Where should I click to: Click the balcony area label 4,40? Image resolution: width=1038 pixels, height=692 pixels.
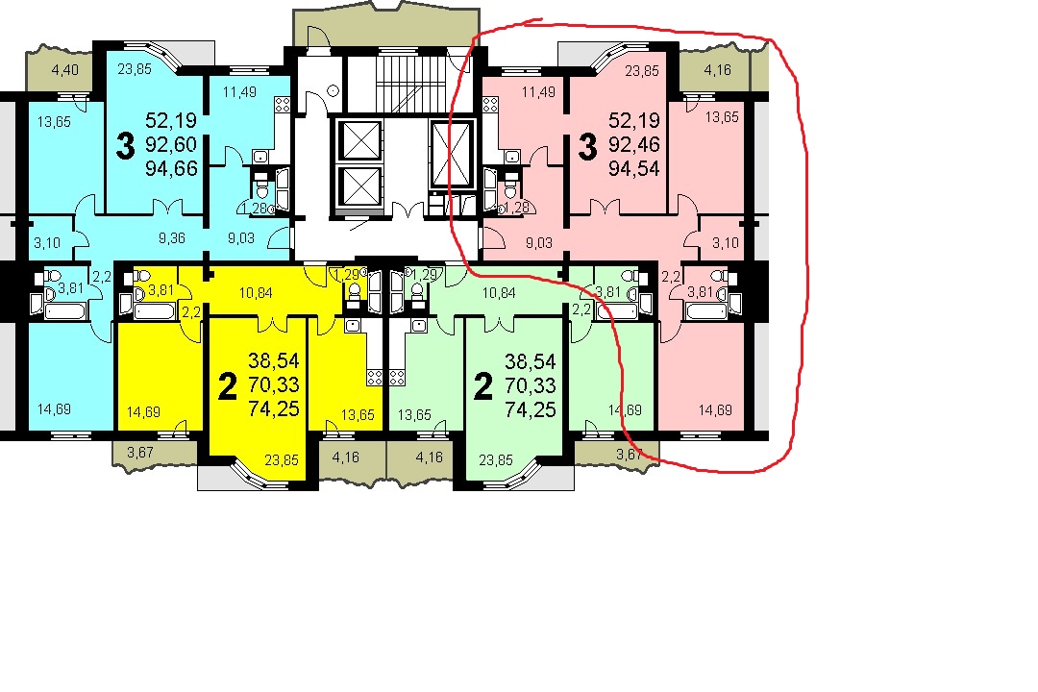click(65, 69)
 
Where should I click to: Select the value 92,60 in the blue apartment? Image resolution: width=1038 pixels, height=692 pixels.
click(171, 144)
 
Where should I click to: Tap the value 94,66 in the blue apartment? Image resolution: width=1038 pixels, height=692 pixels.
click(171, 168)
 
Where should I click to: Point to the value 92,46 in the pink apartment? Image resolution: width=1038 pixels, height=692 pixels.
click(633, 144)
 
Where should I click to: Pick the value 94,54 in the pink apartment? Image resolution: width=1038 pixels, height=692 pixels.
click(633, 168)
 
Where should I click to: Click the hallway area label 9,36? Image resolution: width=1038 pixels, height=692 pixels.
click(171, 237)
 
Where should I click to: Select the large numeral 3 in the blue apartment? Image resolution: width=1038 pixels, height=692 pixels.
click(125, 146)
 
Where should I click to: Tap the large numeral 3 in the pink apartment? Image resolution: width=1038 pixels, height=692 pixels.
click(587, 146)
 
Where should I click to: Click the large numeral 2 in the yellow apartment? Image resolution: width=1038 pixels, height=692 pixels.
click(227, 386)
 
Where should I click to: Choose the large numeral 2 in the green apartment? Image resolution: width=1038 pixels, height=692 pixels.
click(483, 386)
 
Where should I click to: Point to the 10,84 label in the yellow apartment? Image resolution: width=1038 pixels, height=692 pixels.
click(256, 293)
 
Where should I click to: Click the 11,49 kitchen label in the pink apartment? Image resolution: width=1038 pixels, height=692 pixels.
click(538, 92)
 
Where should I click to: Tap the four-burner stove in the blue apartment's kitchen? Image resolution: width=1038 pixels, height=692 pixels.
click(282, 104)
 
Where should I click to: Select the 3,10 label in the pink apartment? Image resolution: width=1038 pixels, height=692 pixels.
click(726, 243)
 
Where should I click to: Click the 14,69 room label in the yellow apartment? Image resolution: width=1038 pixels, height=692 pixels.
click(143, 412)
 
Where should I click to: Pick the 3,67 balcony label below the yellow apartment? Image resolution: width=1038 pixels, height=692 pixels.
click(140, 453)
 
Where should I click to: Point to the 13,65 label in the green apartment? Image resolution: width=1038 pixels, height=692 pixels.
click(413, 415)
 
